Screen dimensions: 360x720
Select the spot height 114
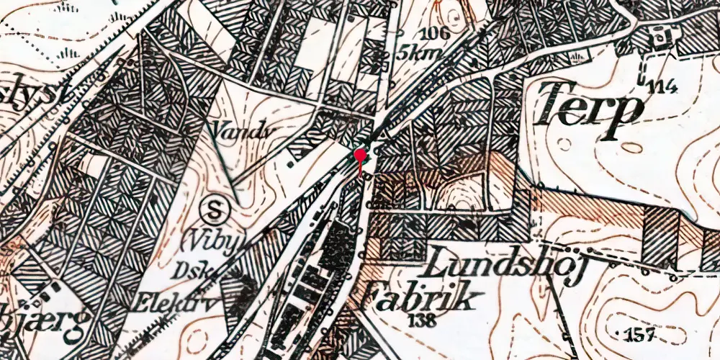(x=663, y=88)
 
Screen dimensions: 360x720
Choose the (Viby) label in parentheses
(x=217, y=239)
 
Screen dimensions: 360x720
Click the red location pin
(x=360, y=156)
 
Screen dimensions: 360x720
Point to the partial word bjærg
(x=43, y=317)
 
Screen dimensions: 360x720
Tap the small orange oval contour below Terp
(x=631, y=148)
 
